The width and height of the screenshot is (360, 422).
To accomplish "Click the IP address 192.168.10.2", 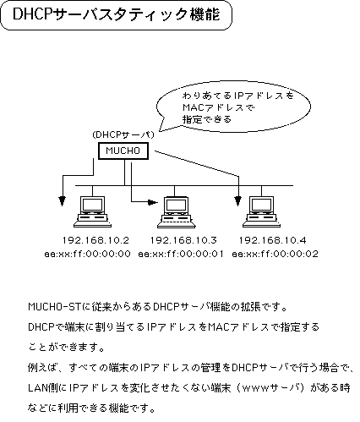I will coord(88,240).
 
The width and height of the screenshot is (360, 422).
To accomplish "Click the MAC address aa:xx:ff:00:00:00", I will coord(87,253).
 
